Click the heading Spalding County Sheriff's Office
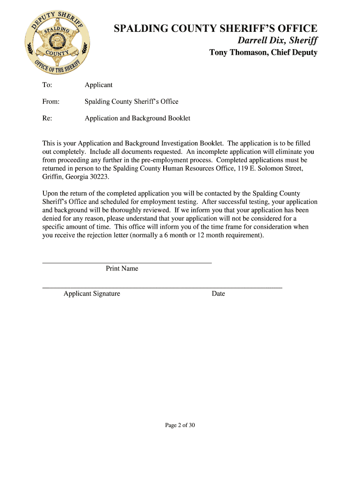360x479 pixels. pos(216,29)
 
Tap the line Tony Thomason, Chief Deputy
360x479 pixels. pos(263,52)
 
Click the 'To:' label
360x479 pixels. pos(47,85)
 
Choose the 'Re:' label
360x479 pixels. pos(47,118)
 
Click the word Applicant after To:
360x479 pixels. pos(98,85)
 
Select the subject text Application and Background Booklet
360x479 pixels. pos(137,118)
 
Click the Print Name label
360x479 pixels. pos(122,269)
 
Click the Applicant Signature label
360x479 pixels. pos(92,294)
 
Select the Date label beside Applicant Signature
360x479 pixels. pos(218,294)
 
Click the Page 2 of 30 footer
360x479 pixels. pos(180,425)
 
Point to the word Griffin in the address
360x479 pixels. pos(52,177)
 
